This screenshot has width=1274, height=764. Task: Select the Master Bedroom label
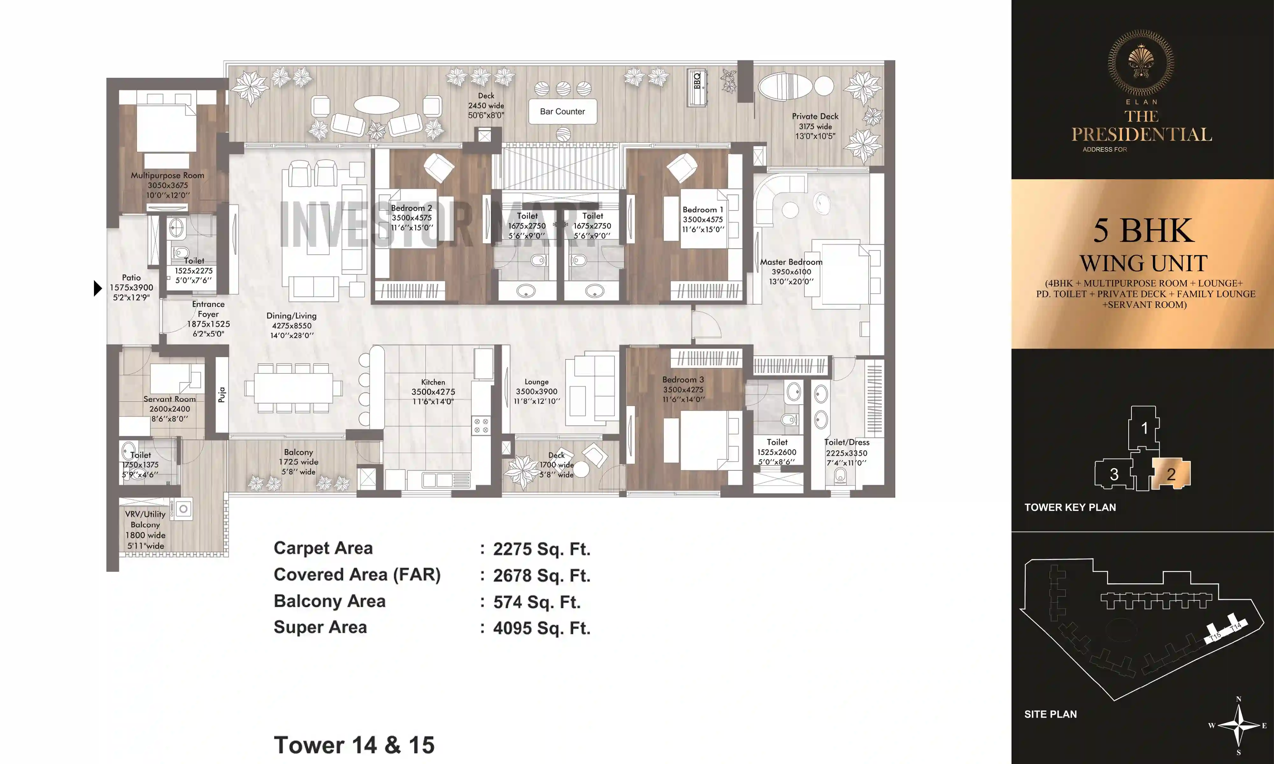click(x=791, y=262)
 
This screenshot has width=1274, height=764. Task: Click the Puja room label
click(x=221, y=394)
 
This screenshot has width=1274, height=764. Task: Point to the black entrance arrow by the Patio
click(x=97, y=288)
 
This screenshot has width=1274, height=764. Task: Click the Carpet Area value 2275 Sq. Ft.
click(x=541, y=549)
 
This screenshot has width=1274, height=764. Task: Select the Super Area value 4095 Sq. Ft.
click(x=541, y=628)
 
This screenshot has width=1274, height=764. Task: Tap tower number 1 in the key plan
click(x=1144, y=428)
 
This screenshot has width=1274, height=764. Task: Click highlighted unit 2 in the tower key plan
click(x=1170, y=474)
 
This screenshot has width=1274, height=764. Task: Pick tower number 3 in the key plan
click(x=1114, y=474)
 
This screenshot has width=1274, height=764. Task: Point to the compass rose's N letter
click(x=1238, y=699)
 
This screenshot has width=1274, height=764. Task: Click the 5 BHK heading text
click(x=1143, y=231)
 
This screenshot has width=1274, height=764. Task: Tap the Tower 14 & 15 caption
click(x=354, y=745)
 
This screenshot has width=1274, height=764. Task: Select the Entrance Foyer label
click(x=208, y=309)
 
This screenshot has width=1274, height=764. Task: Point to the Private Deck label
click(x=815, y=116)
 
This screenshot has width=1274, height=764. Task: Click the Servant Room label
click(x=169, y=399)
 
